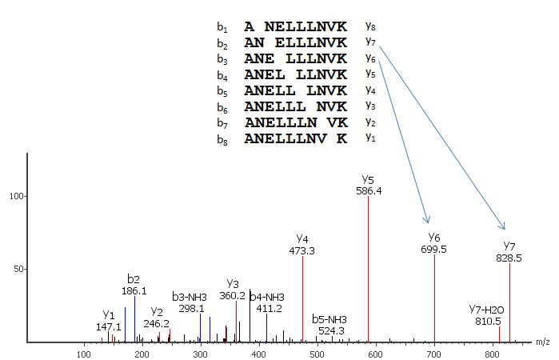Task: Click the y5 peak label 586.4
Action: point(368,191)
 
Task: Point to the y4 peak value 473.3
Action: point(302,250)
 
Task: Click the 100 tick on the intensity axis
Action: point(14,196)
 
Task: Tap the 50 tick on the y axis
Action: point(17,270)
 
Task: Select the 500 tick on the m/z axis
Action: point(317,354)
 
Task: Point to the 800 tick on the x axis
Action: point(493,354)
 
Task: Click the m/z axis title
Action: point(543,342)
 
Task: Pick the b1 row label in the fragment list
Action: point(222,26)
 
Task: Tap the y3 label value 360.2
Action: point(234,295)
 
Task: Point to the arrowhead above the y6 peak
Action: point(428,221)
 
